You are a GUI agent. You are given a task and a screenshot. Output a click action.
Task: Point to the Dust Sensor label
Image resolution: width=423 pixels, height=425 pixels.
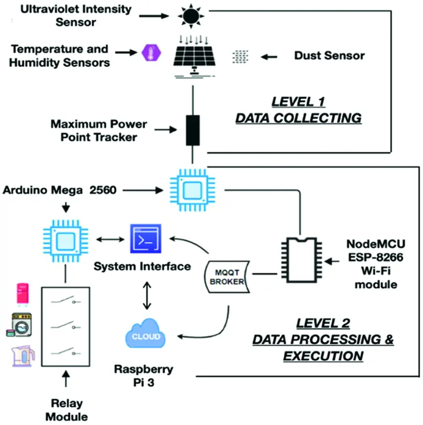[x=329, y=55]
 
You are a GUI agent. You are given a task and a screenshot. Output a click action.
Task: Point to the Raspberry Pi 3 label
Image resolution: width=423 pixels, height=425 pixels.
[x=144, y=375]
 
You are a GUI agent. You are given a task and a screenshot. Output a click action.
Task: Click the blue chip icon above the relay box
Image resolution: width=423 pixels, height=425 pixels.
[x=65, y=241]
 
